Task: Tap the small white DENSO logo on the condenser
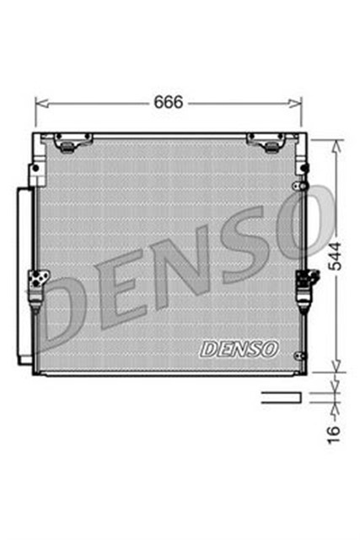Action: [x=239, y=347]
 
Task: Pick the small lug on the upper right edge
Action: [x=297, y=185]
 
